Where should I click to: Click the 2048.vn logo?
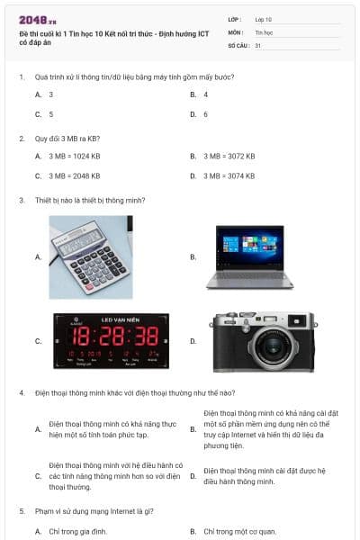tap(38, 21)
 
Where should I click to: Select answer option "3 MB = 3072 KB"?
tap(229, 157)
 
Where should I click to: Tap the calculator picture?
tap(91, 257)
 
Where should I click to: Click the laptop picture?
tap(250, 256)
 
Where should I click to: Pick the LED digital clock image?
tap(112, 341)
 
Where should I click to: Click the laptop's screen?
tap(250, 247)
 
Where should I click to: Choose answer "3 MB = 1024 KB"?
tap(75, 157)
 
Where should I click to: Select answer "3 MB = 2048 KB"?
tap(75, 176)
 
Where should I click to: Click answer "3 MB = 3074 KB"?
tap(229, 176)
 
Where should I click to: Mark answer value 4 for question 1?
tap(206, 94)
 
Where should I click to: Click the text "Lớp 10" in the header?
tap(263, 20)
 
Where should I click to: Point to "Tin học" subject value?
tap(264, 32)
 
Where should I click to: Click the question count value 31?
tap(258, 46)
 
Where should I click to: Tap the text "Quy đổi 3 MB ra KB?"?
tap(67, 139)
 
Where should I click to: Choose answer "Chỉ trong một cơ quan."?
tap(239, 532)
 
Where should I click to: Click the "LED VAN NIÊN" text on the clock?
tap(121, 319)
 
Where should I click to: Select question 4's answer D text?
tap(265, 476)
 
